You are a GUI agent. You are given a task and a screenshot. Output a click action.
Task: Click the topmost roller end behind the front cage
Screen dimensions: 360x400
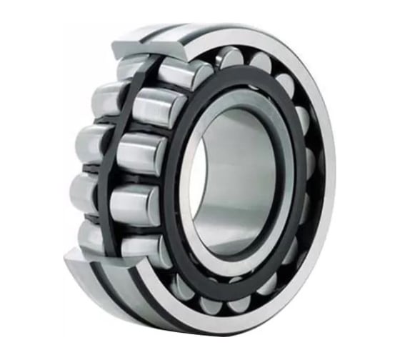229,56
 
